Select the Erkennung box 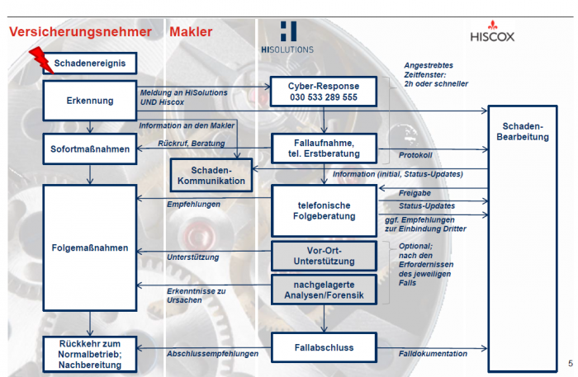89,101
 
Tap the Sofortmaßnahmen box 89,148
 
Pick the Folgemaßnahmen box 89,247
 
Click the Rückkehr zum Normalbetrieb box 89,352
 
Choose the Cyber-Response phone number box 323,92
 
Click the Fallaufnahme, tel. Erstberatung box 323,148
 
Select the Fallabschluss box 324,347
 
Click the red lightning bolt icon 39,60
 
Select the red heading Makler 191,32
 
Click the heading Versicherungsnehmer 81,32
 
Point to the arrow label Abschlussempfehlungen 212,354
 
